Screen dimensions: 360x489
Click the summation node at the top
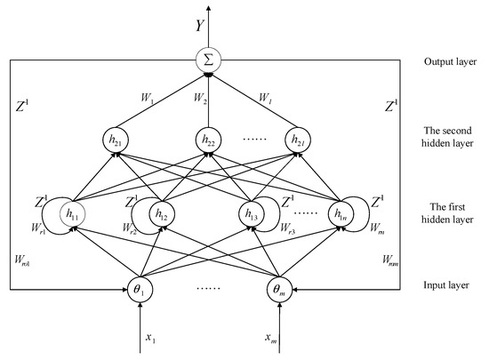tap(207, 63)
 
